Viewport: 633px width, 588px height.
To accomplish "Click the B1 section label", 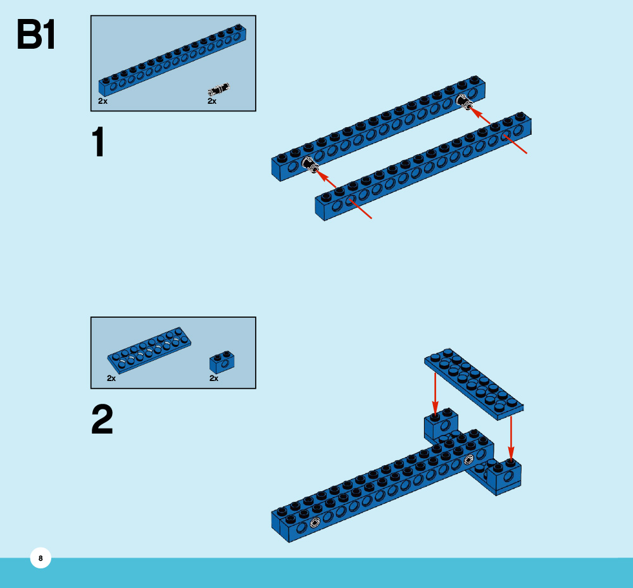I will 36,35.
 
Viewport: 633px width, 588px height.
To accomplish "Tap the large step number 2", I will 102,420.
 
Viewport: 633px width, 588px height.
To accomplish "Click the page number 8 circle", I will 41,558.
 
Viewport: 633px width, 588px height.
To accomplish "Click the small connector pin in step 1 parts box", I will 220,89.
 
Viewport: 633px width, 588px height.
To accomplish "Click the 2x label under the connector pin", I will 212,101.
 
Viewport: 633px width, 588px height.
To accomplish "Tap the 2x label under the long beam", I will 103,101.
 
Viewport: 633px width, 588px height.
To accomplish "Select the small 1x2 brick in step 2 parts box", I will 222,361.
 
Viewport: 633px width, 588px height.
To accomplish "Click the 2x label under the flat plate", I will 111,378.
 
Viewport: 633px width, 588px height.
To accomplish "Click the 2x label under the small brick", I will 214,378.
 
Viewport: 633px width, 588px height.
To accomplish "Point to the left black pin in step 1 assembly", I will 311,166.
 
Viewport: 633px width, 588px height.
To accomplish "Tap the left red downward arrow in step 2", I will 435,392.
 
